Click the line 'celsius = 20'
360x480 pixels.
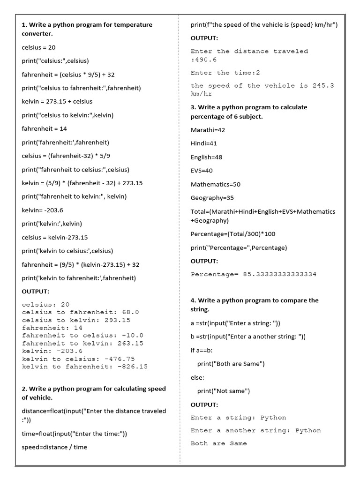point(39,47)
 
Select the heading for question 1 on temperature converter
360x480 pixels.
point(87,29)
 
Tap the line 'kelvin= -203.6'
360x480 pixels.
point(42,210)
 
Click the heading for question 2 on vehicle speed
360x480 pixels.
point(94,393)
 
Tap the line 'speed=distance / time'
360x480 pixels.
point(54,447)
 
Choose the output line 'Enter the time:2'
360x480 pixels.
point(225,73)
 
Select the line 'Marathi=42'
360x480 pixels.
point(208,130)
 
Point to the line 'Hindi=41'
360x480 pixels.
point(204,143)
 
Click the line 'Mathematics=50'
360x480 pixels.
point(216,184)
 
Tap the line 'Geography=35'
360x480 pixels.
point(212,198)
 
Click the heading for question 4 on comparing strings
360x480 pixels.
point(255,305)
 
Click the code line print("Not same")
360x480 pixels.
point(224,391)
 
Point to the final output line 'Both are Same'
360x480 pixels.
point(218,443)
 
